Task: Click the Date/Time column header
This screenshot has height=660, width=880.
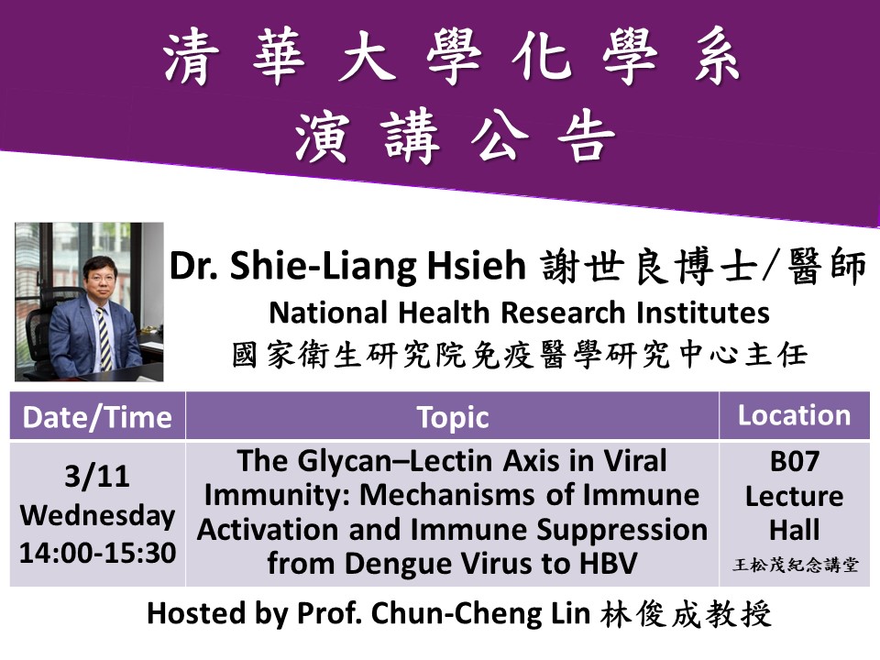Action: tap(97, 418)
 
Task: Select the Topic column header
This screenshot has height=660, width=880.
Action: tap(452, 418)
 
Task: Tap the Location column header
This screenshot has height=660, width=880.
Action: tap(794, 415)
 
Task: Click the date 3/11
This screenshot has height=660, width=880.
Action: tap(97, 477)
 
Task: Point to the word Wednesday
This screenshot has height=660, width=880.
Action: tap(98, 515)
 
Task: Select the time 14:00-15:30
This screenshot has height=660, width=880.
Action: tap(98, 553)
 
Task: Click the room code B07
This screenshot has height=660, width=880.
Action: tap(794, 461)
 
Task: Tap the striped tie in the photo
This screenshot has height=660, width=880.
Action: tap(104, 338)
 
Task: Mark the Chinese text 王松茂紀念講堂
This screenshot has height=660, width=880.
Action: tap(795, 565)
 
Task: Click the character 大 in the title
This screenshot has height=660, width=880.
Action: tap(364, 56)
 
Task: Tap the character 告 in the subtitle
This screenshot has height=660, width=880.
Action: tap(586, 136)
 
